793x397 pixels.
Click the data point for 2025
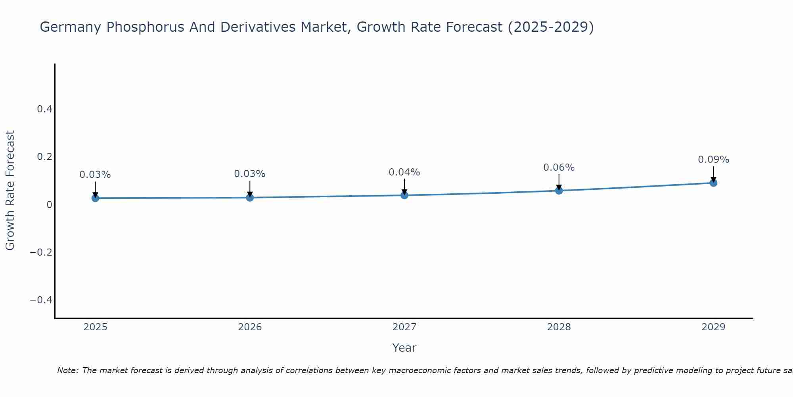[95, 198]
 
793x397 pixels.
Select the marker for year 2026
[250, 197]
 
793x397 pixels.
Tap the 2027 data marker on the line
[404, 195]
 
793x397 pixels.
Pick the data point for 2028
[559, 191]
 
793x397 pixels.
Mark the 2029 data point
[713, 183]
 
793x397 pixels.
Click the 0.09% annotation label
[713, 160]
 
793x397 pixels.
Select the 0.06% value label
[559, 168]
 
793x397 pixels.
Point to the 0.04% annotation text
[404, 172]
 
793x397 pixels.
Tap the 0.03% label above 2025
[95, 175]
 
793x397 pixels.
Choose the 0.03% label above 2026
[249, 174]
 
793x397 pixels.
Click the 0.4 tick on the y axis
[44, 109]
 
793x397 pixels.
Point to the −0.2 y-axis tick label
[41, 252]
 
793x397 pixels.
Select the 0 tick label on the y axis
[49, 204]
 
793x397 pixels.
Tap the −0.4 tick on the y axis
[41, 300]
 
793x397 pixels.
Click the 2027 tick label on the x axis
[404, 327]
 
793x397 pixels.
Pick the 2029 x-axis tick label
[713, 327]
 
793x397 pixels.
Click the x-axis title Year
[404, 348]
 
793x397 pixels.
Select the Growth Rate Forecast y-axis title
[10, 191]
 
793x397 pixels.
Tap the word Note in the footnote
[67, 370]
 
